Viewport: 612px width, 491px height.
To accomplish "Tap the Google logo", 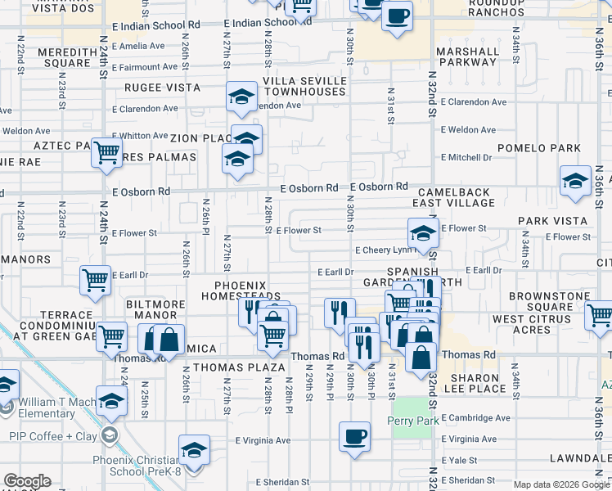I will click(27, 481).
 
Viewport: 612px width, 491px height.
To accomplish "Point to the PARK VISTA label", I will click(552, 221).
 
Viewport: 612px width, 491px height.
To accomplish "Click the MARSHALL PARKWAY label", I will click(467, 56).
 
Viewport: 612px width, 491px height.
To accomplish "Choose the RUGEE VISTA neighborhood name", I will click(162, 88).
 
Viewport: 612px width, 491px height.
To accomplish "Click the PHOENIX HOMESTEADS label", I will click(247, 291).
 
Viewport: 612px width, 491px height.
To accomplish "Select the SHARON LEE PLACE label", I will click(479, 382).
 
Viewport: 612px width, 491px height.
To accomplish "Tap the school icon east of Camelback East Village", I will click(574, 181).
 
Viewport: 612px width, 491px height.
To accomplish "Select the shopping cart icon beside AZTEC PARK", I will click(107, 153).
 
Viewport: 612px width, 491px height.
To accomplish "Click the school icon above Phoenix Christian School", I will click(194, 450).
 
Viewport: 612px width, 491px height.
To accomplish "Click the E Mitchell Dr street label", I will click(466, 157).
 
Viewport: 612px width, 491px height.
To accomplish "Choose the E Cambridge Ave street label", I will click(477, 418).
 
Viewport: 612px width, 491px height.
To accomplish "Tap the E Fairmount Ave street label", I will click(146, 67).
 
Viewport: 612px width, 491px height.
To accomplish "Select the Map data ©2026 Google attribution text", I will click(560, 484).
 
